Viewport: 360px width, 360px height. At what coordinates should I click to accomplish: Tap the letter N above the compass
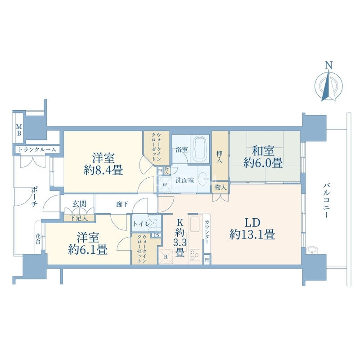[x=329, y=65]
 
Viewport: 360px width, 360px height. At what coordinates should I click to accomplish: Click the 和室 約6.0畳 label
[x=263, y=157]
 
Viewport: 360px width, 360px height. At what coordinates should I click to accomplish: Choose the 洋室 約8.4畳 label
[x=103, y=164]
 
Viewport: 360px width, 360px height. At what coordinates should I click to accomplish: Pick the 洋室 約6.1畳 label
[x=88, y=243]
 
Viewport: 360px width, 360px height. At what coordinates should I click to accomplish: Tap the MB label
[x=19, y=130]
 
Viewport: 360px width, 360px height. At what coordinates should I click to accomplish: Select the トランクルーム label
[x=37, y=150]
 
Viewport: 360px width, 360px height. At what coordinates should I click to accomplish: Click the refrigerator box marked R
[x=166, y=256]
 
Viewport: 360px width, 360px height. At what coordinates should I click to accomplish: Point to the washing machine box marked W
[x=165, y=184]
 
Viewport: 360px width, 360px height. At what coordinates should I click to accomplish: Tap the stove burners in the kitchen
[x=195, y=255]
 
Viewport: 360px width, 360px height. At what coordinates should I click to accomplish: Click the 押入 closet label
[x=220, y=157]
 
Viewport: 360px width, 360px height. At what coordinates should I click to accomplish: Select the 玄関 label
[x=79, y=204]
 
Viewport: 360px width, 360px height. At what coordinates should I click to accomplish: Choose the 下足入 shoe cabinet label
[x=79, y=218]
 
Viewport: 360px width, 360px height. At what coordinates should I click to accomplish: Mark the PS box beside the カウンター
[x=207, y=260]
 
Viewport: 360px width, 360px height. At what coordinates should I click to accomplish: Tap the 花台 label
[x=38, y=238]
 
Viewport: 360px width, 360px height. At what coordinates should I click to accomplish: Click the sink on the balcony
[x=311, y=250]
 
